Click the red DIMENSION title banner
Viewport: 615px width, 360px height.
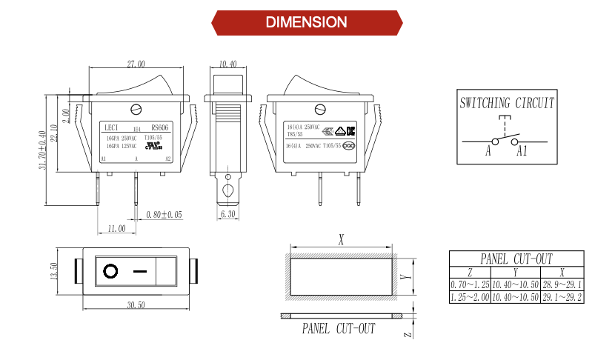click(x=307, y=22)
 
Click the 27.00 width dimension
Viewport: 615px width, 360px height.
click(x=136, y=64)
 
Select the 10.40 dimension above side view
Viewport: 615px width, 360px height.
click(x=228, y=64)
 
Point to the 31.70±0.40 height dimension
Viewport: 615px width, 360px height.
click(x=44, y=150)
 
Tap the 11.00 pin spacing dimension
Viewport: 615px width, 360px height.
click(x=116, y=228)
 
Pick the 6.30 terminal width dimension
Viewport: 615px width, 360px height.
click(x=227, y=214)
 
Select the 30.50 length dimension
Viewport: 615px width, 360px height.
click(x=136, y=304)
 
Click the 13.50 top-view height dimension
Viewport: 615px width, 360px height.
click(x=53, y=272)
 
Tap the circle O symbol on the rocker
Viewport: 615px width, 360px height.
click(x=110, y=271)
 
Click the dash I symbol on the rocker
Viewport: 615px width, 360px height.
click(x=139, y=271)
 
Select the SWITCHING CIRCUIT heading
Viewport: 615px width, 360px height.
click(x=507, y=103)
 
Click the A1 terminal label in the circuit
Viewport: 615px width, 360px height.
click(x=522, y=151)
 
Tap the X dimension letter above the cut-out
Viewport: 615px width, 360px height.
click(x=341, y=240)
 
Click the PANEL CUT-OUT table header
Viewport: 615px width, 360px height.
click(x=516, y=259)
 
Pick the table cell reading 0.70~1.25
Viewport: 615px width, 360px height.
click(x=470, y=284)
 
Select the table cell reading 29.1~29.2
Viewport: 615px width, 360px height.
click(x=562, y=297)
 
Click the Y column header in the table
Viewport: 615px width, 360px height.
click(x=515, y=272)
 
